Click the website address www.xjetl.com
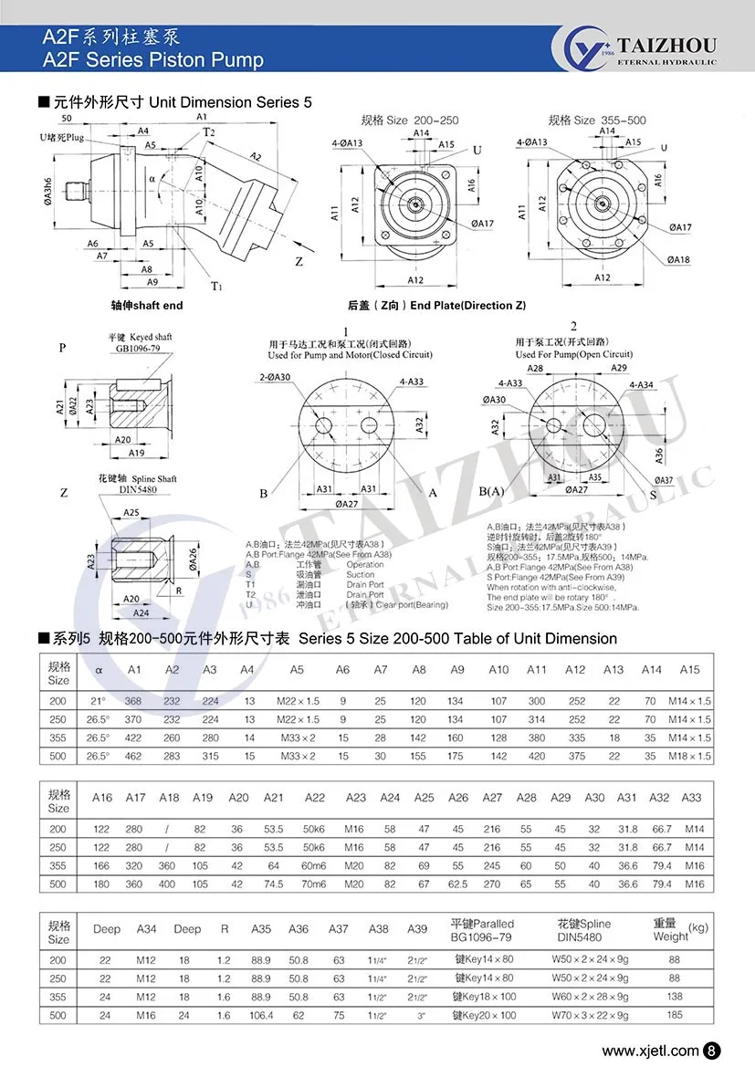click(x=651, y=1051)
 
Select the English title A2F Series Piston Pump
click(x=153, y=60)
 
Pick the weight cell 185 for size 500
click(x=675, y=1015)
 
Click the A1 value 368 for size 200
click(x=134, y=701)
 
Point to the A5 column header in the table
click(x=297, y=670)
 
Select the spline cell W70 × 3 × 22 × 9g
click(x=590, y=1015)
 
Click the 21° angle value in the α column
click(x=99, y=701)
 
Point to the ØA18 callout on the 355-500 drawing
click(x=679, y=260)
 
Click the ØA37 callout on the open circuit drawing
click(x=664, y=480)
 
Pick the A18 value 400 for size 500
click(x=170, y=884)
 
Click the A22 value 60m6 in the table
click(x=314, y=866)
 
